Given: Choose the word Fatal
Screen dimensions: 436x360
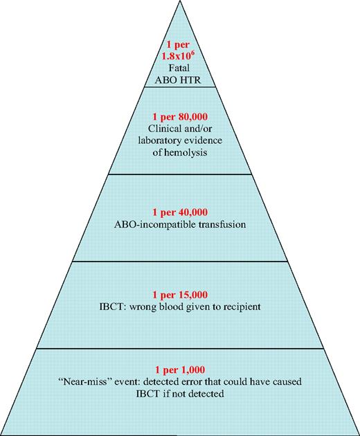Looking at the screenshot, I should (x=179, y=68).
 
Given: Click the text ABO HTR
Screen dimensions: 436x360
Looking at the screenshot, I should (x=179, y=78).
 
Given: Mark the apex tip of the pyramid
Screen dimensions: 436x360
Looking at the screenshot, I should (x=179, y=3).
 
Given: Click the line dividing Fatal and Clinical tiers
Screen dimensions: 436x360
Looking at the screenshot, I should (x=179, y=88).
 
